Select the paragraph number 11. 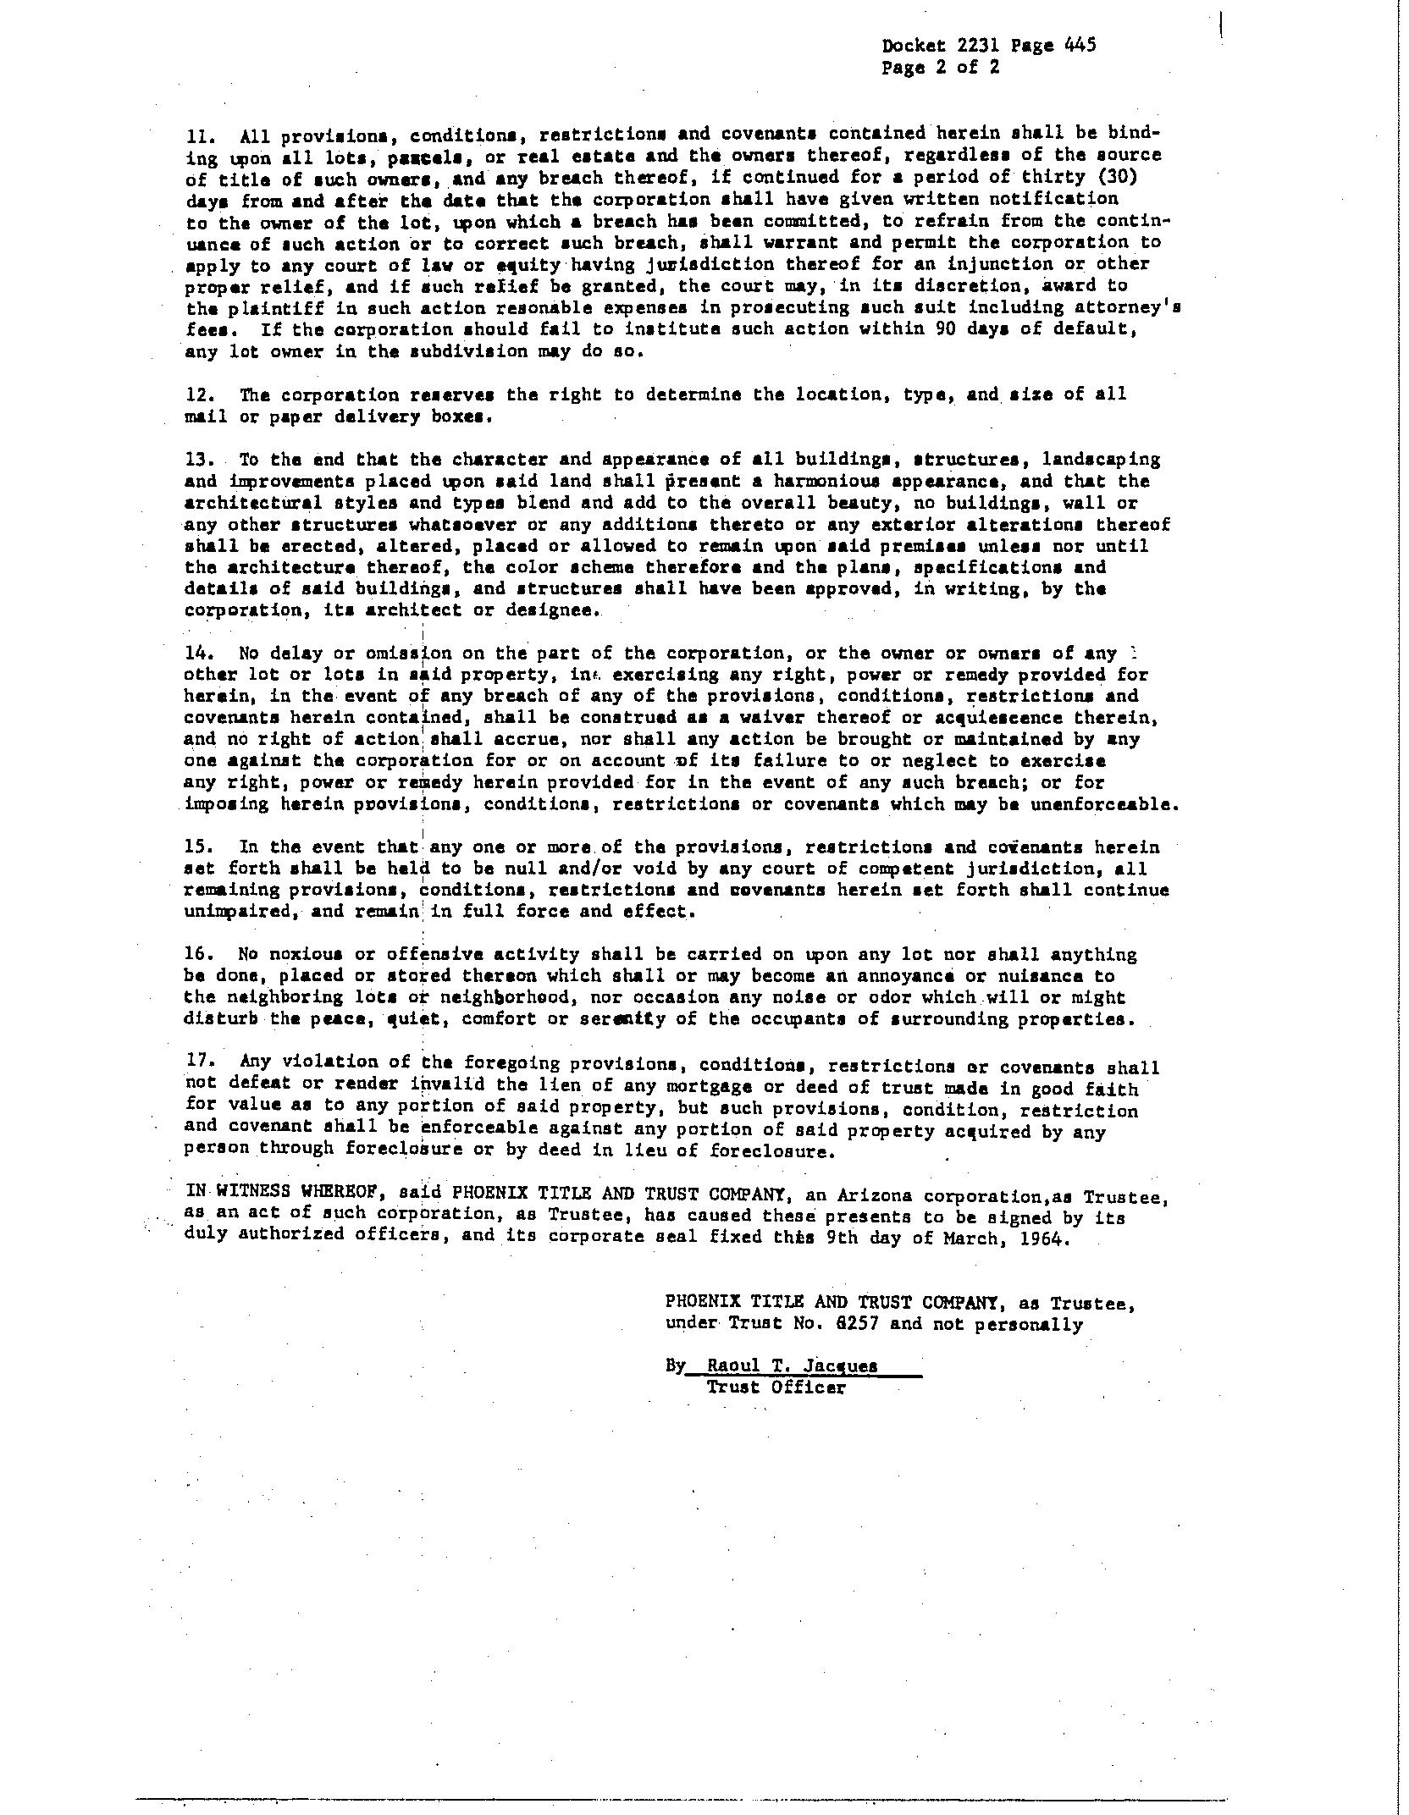(198, 135)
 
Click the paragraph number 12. (198, 395)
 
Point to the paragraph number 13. (198, 460)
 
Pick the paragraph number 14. (198, 654)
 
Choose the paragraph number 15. (198, 847)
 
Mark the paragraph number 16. (198, 955)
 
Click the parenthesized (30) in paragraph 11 (1135, 178)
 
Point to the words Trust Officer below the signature (776, 1388)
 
